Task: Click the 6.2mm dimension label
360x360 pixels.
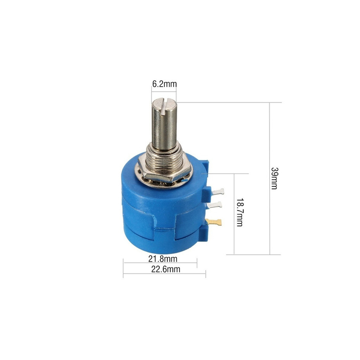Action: click(164, 84)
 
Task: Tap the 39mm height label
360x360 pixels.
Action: click(274, 178)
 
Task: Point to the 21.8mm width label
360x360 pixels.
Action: click(163, 259)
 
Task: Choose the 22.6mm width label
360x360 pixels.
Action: click(166, 269)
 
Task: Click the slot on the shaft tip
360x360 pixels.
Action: click(164, 106)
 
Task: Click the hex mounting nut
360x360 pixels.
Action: click(164, 169)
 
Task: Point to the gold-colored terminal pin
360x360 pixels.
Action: click(214, 222)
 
